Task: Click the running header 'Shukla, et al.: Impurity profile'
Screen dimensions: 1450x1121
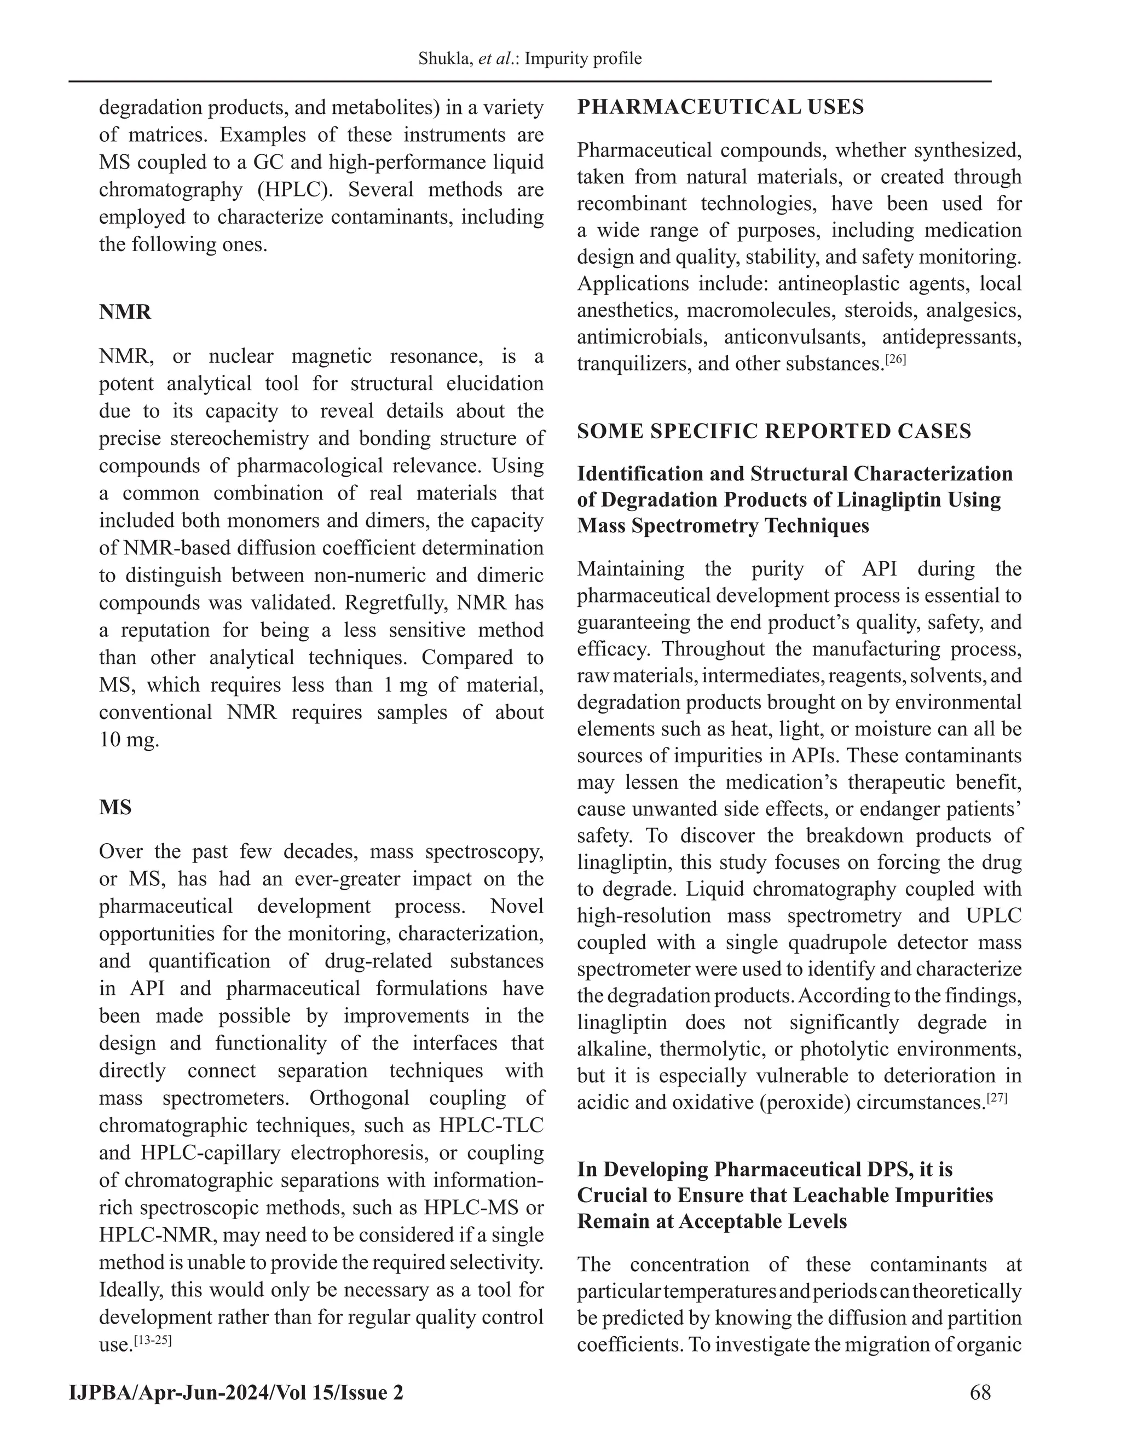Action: click(x=529, y=59)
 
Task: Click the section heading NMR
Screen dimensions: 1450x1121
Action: click(x=125, y=312)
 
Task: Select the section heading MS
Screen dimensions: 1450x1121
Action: click(x=115, y=807)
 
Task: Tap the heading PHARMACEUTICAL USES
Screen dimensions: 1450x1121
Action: click(x=720, y=107)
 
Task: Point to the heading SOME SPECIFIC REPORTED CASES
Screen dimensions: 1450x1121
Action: click(x=773, y=432)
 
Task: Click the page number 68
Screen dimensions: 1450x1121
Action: click(x=980, y=1391)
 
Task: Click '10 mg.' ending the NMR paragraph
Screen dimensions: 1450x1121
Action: click(x=129, y=740)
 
